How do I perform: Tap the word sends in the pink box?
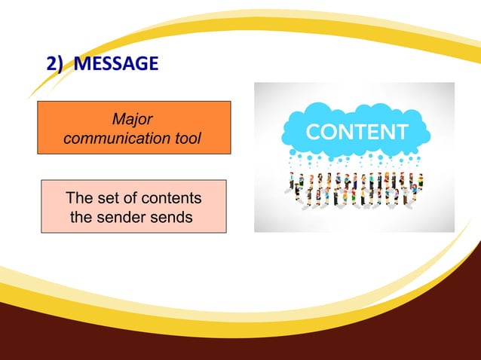(x=173, y=218)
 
